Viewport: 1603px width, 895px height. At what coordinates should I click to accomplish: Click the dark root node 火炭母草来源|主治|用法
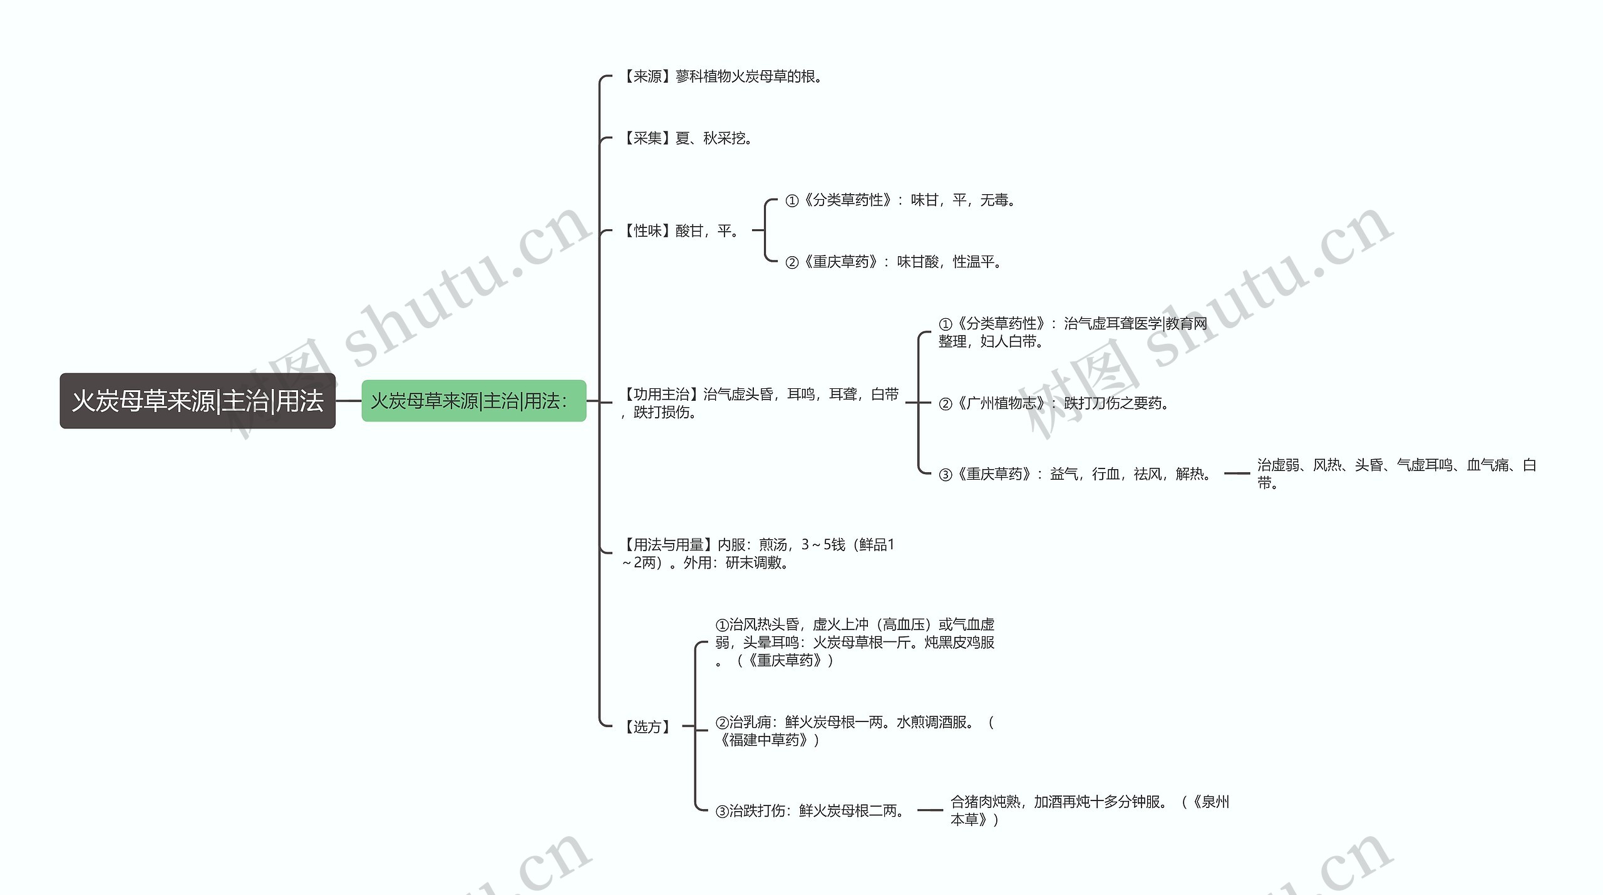[197, 401]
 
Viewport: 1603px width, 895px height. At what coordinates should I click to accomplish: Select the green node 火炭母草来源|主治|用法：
[473, 401]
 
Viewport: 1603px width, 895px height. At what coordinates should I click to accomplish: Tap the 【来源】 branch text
[721, 77]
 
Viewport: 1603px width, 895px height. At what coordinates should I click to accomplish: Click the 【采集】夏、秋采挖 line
[686, 138]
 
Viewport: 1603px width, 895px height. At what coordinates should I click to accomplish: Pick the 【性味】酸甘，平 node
[679, 231]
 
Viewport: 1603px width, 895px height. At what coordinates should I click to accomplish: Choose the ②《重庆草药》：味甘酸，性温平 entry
[894, 262]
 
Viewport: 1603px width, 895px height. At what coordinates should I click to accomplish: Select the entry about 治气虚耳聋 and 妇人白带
[1073, 333]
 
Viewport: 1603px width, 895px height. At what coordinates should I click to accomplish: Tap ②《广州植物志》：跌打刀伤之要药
[1054, 403]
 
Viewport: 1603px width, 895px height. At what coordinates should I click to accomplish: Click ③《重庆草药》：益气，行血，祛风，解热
[1075, 474]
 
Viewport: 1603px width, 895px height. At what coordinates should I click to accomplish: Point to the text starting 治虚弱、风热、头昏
[1397, 474]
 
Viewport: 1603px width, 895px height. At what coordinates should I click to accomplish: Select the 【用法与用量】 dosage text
[758, 554]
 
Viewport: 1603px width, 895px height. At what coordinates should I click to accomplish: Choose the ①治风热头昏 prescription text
[855, 643]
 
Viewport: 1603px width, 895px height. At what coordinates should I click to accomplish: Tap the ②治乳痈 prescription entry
[855, 731]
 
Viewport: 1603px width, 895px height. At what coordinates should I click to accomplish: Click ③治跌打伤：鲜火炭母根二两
[810, 811]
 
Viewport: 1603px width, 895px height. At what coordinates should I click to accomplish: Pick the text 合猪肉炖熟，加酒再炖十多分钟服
[1090, 810]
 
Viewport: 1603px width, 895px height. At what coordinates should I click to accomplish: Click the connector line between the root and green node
[349, 401]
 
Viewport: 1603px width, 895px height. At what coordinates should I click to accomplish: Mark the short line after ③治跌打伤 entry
[930, 810]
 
